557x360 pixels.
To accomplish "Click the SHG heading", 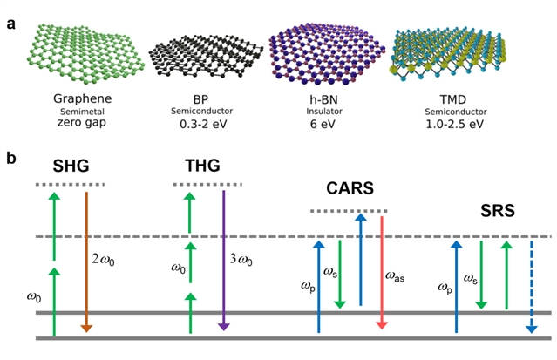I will pos(70,166).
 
